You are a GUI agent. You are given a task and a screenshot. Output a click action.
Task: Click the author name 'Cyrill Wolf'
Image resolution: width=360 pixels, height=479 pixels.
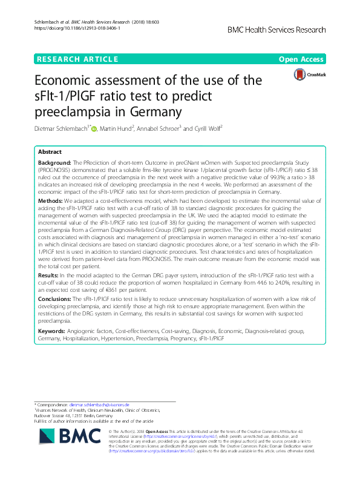[204, 128]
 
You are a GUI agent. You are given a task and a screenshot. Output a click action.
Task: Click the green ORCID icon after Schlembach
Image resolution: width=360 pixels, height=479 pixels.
[94, 128]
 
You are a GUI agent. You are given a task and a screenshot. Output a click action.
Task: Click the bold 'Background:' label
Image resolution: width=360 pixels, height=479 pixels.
[55, 164]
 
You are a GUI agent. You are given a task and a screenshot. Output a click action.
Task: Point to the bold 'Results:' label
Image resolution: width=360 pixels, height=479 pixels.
[49, 277]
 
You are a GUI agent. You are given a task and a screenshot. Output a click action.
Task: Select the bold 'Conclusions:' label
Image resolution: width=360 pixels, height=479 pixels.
[56, 299]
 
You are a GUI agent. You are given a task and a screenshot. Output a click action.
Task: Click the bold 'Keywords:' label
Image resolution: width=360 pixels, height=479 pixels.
[53, 331]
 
